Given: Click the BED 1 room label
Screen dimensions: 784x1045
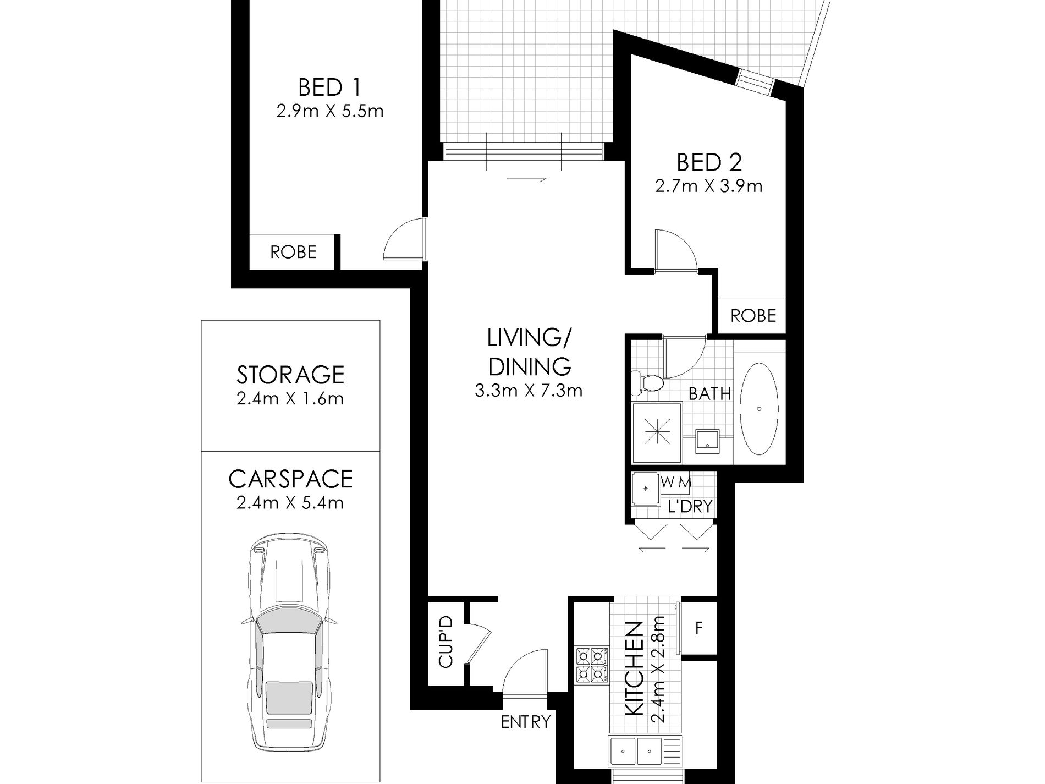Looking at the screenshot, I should click(x=329, y=87).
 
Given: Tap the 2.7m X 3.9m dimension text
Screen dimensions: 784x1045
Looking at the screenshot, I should click(x=708, y=187).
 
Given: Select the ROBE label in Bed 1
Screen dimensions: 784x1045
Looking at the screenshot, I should click(x=293, y=253).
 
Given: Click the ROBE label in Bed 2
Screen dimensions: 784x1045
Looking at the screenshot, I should click(x=753, y=316).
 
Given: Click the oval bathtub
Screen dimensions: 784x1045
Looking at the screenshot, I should click(x=759, y=408).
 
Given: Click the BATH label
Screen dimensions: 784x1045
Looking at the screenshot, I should click(x=710, y=394).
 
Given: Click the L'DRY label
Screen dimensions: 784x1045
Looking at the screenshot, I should click(x=690, y=506).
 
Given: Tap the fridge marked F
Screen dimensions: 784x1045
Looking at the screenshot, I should click(x=699, y=628).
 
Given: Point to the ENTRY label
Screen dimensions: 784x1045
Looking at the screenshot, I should click(x=525, y=721).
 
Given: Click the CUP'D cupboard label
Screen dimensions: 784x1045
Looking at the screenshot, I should click(x=446, y=642).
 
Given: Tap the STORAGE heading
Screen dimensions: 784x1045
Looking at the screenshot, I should click(x=290, y=375).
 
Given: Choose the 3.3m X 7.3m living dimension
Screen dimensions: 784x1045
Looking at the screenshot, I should click(x=528, y=391).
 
